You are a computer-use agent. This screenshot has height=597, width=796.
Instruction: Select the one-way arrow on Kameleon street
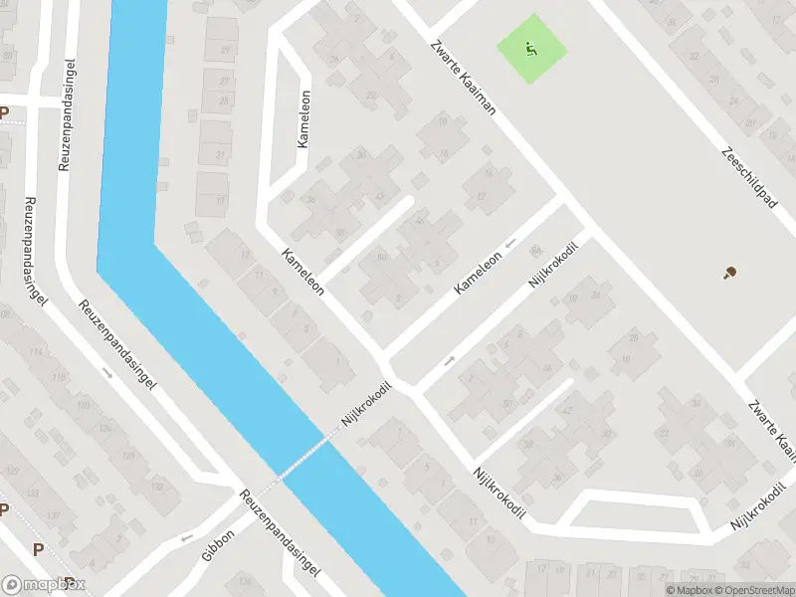510,243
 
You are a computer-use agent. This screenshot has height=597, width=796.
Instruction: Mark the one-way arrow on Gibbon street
187,538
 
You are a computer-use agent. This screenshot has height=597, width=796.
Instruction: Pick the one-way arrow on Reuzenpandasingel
107,372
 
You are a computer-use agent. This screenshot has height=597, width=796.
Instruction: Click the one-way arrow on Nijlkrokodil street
449,359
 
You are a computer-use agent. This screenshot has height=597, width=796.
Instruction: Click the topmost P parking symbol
4,113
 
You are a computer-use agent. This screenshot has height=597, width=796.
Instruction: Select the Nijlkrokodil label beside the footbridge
365,407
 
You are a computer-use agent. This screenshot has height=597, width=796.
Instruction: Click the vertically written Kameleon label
302,119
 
